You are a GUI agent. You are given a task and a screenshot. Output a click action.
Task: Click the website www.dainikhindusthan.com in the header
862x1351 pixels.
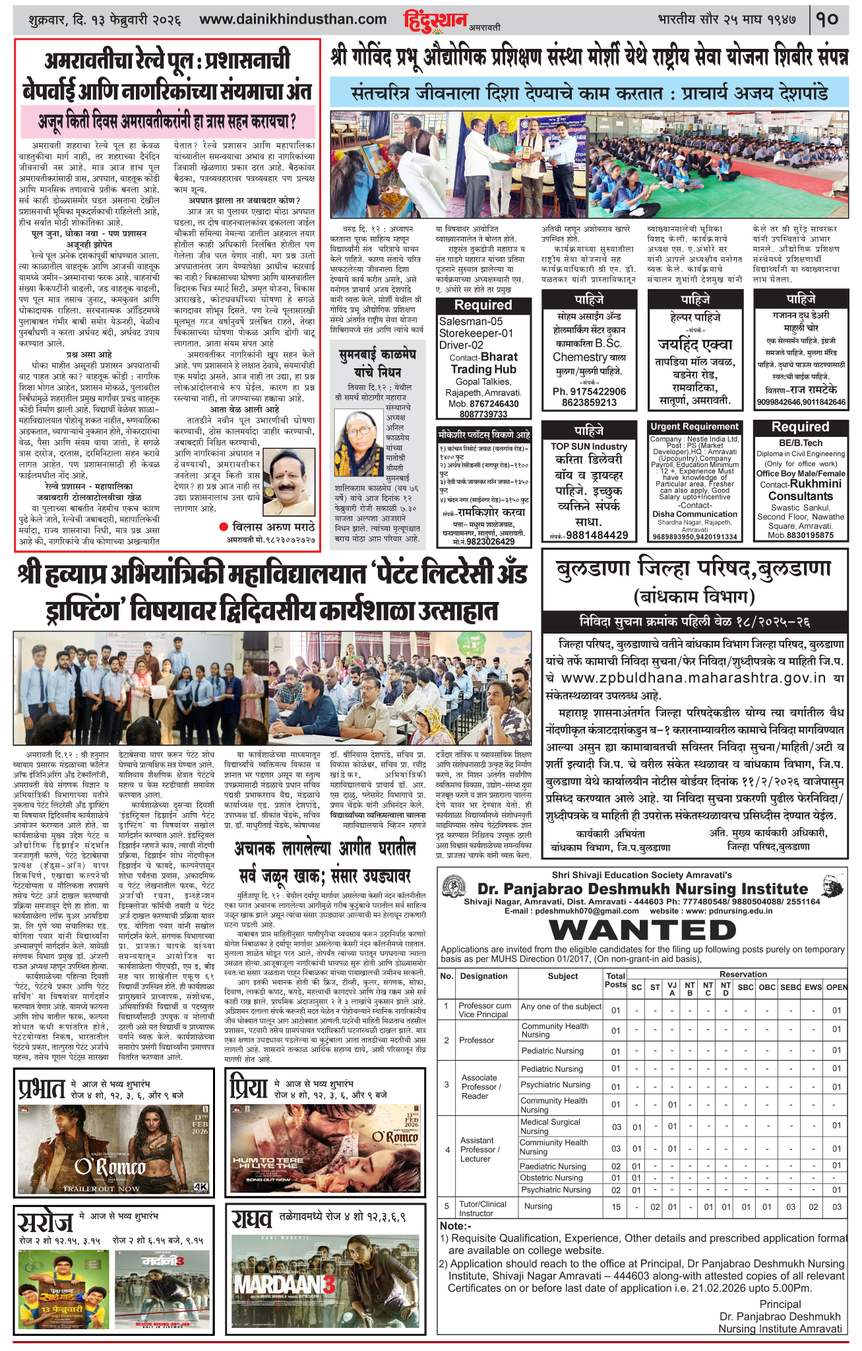point(293,19)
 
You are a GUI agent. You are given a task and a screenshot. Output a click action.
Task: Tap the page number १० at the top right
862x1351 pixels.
point(828,19)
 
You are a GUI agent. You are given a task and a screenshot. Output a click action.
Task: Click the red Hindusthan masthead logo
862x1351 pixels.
point(436,20)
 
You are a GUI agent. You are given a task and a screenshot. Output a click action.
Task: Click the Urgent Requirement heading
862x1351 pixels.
point(694,427)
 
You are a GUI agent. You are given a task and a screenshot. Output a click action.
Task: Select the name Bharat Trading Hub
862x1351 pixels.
point(484,363)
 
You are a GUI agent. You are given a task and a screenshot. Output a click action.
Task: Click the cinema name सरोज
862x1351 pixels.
point(45,1222)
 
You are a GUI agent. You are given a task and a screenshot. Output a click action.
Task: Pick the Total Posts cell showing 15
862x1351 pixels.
point(615,1206)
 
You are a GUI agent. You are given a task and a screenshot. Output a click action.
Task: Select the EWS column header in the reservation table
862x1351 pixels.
point(813,987)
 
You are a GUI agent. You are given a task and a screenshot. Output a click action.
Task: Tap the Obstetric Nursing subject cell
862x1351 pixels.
point(551,1177)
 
